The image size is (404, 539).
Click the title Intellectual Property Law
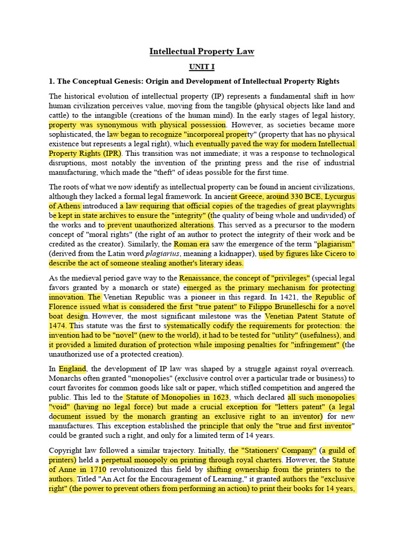202,52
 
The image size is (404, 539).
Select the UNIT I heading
202,67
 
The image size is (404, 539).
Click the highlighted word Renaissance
200,278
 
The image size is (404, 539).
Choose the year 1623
218,398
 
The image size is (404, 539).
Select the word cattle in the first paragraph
59,115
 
